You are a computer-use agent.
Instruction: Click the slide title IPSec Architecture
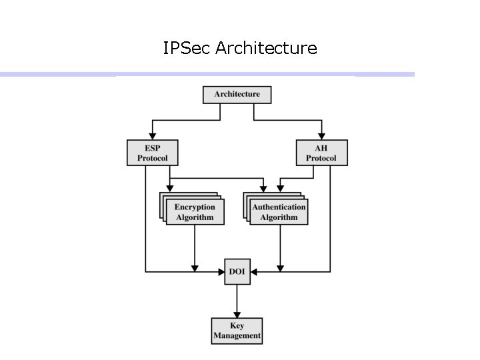pos(240,48)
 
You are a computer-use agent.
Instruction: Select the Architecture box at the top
pos(237,94)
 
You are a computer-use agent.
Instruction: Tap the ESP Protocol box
pos(153,153)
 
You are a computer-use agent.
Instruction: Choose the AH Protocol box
pos(321,153)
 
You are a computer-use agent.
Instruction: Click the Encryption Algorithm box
pos(195,212)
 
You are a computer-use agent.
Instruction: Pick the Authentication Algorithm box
pos(279,212)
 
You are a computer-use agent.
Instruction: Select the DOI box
pos(237,272)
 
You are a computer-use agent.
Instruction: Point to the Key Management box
pos(237,331)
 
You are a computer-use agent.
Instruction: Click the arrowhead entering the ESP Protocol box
pos(153,135)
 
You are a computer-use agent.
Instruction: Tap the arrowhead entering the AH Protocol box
pos(321,135)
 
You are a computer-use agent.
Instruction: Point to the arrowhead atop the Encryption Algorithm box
pos(170,188)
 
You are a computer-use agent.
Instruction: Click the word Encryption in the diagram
pos(195,207)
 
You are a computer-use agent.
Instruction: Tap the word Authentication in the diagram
pos(279,207)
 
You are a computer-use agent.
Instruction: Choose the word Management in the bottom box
pos(237,336)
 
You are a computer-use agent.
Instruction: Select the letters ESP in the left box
pos(153,148)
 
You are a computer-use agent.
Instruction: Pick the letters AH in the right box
pos(321,148)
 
